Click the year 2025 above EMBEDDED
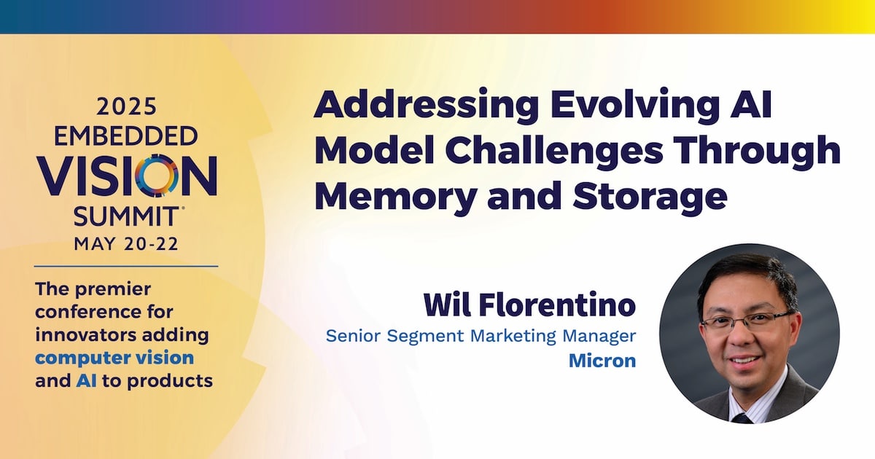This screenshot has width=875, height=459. (x=126, y=106)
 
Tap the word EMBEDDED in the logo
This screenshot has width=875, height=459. (x=125, y=136)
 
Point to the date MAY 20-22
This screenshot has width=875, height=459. (x=126, y=244)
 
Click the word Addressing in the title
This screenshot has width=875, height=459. (x=426, y=106)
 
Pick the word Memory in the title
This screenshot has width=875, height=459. (x=395, y=196)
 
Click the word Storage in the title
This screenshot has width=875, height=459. (x=650, y=196)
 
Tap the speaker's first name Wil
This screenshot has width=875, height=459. (x=447, y=305)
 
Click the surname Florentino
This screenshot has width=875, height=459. (x=557, y=305)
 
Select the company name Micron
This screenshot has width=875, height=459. (x=602, y=361)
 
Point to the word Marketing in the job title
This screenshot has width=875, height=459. (x=513, y=337)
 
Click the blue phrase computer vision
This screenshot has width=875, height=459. (x=114, y=358)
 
